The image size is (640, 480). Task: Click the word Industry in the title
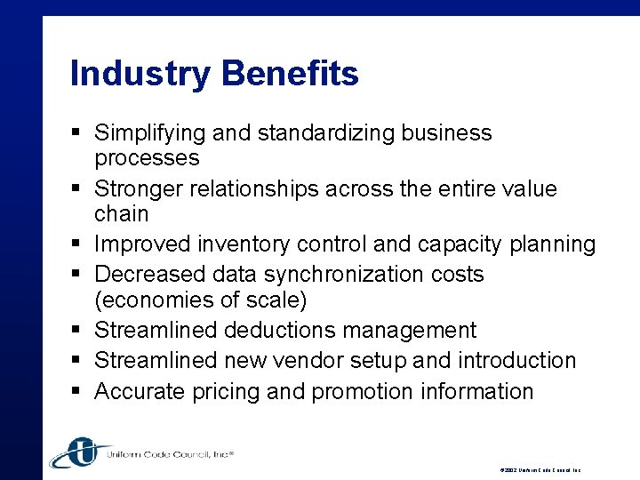(x=139, y=73)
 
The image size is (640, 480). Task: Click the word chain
(x=122, y=214)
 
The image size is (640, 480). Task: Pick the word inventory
(x=255, y=244)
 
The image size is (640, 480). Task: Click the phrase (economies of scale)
(x=201, y=300)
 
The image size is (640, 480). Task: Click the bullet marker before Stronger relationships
(x=77, y=189)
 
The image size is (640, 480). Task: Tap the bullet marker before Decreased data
(x=77, y=275)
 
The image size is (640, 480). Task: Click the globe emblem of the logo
(x=79, y=452)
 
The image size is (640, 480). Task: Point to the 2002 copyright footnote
(x=541, y=469)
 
